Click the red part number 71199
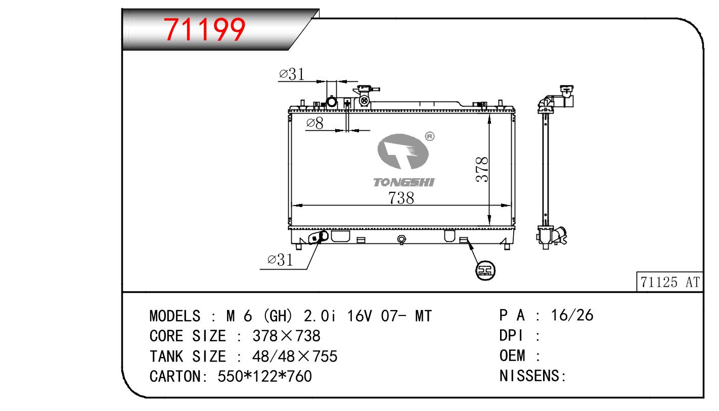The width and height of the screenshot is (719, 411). click(x=204, y=30)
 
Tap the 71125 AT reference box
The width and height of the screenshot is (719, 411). click(x=670, y=282)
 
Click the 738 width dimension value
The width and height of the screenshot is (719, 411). click(x=401, y=198)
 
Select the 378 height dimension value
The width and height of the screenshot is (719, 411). click(x=482, y=170)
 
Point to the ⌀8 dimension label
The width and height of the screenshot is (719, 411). click(x=314, y=123)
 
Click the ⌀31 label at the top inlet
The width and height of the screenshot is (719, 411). click(x=291, y=74)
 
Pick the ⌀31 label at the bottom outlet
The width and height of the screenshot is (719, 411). click(x=280, y=260)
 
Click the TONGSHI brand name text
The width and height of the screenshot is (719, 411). click(x=404, y=182)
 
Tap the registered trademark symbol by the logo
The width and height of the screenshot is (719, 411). click(x=430, y=136)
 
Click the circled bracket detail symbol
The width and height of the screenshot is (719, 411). click(x=485, y=270)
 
